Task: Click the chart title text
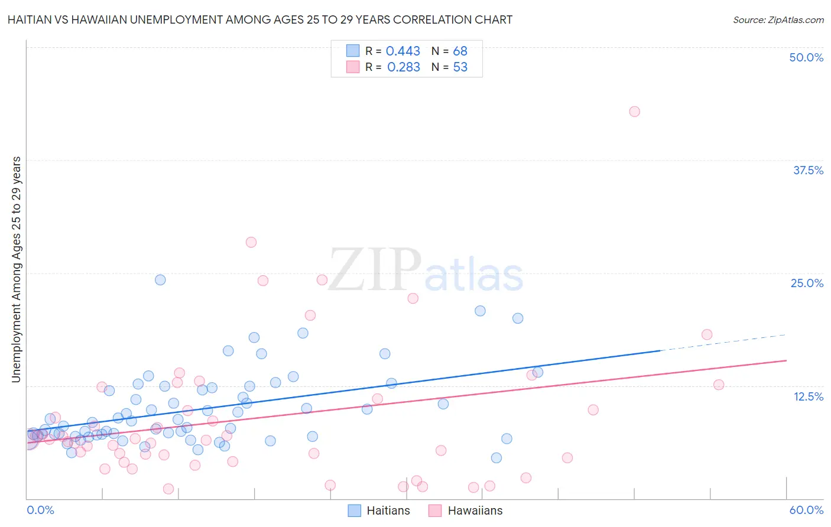[259, 19]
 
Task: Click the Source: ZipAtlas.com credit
[778, 19]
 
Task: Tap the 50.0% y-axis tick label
[806, 57]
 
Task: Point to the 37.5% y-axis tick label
[807, 170]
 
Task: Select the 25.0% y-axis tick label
[806, 283]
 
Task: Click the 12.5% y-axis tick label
[807, 396]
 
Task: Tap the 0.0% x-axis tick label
[40, 510]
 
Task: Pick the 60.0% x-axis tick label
[806, 510]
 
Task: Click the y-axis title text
[17, 269]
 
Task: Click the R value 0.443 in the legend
[402, 51]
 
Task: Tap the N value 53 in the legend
[460, 67]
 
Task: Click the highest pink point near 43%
[634, 112]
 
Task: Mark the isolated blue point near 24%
[160, 280]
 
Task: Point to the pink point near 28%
[251, 242]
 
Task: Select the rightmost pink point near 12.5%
[719, 385]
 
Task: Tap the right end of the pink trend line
[785, 360]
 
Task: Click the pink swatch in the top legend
[353, 67]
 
